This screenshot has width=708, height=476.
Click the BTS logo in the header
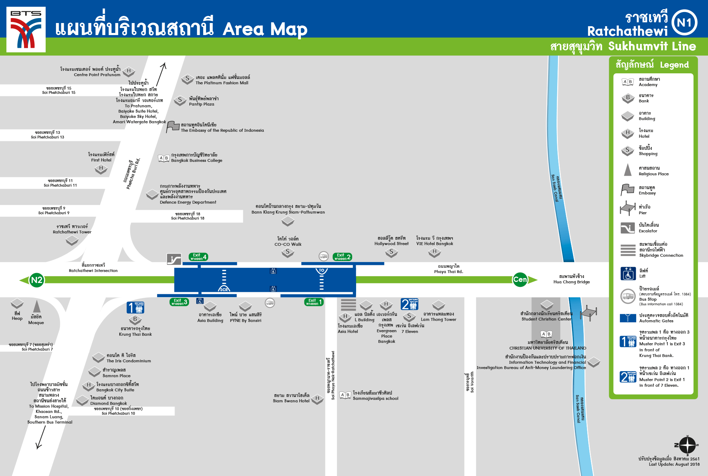[x=26, y=29]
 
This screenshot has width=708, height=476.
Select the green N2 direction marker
[x=36, y=280]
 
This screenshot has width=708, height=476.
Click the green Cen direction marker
[x=520, y=279]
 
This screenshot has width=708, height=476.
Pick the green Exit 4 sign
[x=198, y=257]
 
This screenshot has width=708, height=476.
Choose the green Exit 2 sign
[x=342, y=257]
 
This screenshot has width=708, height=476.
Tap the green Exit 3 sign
[x=179, y=302]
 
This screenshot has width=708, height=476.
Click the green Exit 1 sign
[x=314, y=302]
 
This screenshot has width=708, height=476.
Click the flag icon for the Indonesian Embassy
[x=173, y=126]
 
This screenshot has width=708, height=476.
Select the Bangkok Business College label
[x=196, y=158]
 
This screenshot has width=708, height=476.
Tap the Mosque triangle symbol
[x=37, y=307]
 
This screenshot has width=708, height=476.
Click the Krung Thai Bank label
[x=135, y=331]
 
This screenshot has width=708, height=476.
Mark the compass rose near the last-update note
[x=687, y=445]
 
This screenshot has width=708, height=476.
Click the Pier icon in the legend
[x=628, y=208]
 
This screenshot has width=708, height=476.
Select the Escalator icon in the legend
[x=628, y=228]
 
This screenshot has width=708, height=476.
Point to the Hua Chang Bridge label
[x=571, y=279]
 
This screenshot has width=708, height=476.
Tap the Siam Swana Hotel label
[x=291, y=398]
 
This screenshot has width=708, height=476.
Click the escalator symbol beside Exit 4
[x=174, y=259]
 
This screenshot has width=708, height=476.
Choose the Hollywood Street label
[x=391, y=241]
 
